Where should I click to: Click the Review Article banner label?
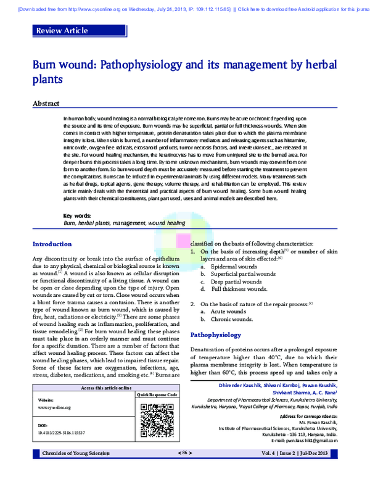62,30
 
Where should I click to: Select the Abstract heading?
46,104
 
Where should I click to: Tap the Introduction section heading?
52,244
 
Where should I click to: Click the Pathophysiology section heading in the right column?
215,335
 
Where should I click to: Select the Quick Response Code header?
157,394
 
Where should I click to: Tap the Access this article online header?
105,388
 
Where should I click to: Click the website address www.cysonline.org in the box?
54,407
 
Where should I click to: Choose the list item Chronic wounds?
232,319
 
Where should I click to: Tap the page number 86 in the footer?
184,453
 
